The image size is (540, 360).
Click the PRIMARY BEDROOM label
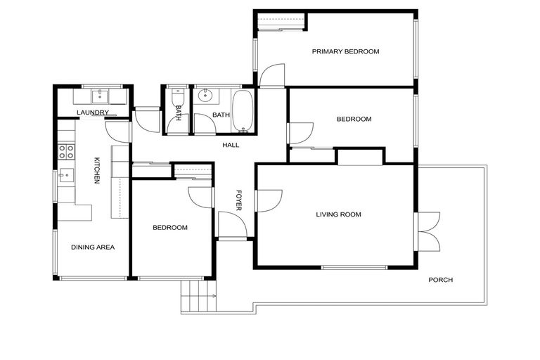click(345, 51)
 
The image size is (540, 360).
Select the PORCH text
click(440, 280)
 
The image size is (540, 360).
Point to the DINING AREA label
click(92, 247)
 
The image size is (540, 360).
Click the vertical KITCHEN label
click(98, 170)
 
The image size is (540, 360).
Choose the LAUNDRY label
click(93, 112)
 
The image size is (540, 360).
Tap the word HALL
click(231, 145)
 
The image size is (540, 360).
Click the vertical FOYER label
click(238, 200)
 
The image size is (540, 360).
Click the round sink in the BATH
click(205, 96)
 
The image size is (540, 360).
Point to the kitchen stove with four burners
click(66, 152)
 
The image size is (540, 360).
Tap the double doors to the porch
click(427, 231)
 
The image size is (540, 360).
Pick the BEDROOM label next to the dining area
click(170, 227)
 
